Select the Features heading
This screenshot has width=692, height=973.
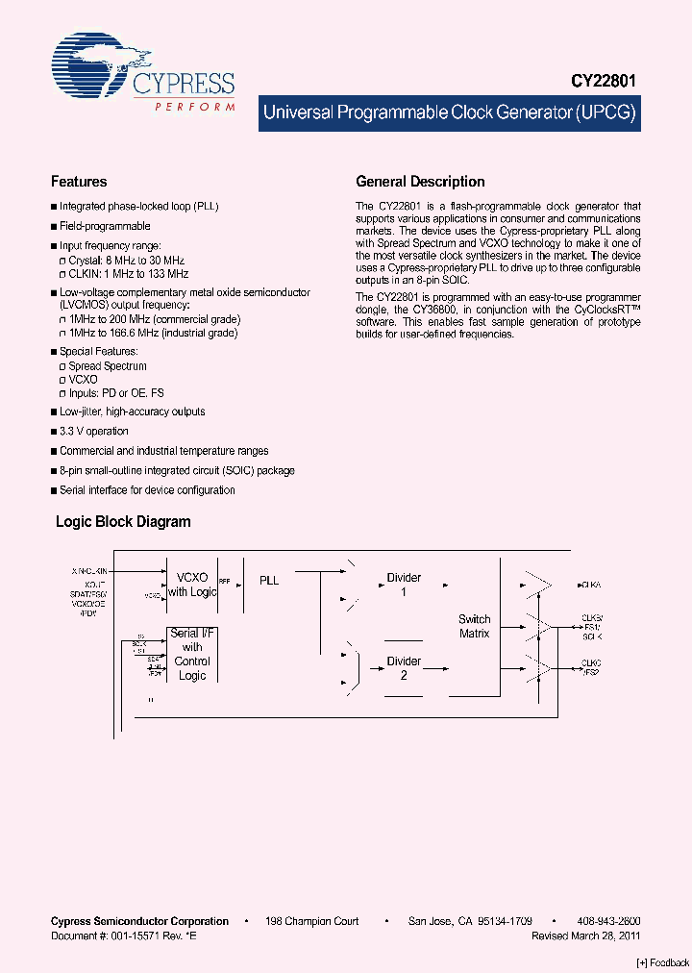point(79,182)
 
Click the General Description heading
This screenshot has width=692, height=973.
point(420,182)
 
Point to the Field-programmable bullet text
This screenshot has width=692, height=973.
point(105,226)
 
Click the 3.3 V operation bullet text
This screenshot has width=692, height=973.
point(93,431)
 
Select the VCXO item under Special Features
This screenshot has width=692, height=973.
point(83,380)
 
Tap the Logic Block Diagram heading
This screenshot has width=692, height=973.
point(123,522)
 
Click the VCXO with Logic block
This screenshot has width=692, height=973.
point(192,585)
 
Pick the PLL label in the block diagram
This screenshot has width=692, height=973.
point(269,581)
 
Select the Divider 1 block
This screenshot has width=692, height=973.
point(404,585)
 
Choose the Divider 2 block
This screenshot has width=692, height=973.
point(404,668)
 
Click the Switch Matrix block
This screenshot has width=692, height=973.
point(474,626)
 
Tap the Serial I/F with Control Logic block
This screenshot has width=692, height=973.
point(192,654)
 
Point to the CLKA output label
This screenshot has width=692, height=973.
point(591,585)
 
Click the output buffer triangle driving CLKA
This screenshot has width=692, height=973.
point(538,585)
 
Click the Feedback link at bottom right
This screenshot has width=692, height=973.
point(663,962)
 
